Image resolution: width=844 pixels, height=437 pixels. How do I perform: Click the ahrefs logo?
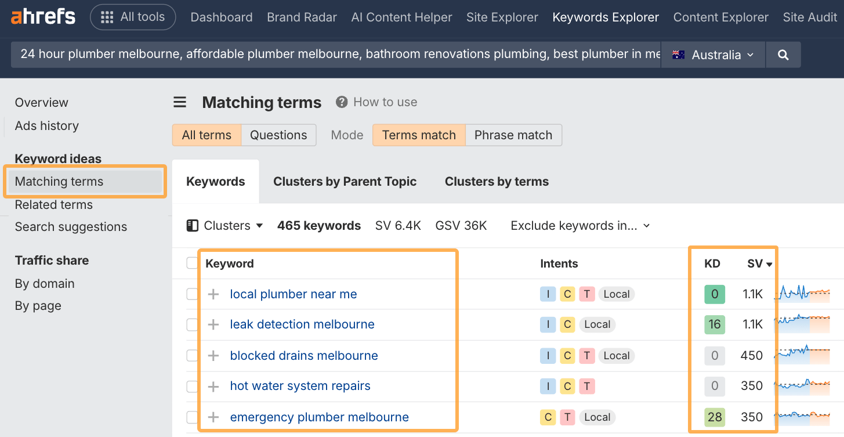pos(43,17)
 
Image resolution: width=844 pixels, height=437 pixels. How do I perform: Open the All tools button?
pos(133,17)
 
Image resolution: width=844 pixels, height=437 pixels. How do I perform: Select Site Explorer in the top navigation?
pos(502,17)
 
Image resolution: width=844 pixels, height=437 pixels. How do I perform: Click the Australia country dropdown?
pos(713,55)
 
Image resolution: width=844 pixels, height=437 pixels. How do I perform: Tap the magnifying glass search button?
pos(783,55)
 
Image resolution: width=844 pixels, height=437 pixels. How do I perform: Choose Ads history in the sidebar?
pos(47,125)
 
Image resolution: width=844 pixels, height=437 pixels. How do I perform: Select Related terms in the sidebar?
pos(53,205)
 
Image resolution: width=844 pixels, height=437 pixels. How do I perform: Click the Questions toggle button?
pos(278,135)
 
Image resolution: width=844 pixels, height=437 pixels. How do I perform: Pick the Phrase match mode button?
pos(513,135)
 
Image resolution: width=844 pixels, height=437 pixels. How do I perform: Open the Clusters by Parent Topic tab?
pos(345,182)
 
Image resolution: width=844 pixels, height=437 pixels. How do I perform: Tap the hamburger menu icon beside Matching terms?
pos(180,102)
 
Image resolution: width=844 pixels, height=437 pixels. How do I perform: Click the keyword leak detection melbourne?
pos(302,324)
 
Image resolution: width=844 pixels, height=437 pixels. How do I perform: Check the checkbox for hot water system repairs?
pos(192,386)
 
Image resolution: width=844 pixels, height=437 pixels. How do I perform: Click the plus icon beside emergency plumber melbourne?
pos(213,417)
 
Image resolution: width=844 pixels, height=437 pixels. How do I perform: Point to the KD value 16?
pos(715,324)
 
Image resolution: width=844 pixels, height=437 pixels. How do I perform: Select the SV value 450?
pos(751,356)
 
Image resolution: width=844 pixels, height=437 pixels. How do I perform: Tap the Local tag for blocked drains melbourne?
pos(617,356)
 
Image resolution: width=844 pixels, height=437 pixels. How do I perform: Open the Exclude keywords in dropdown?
pos(580,226)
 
